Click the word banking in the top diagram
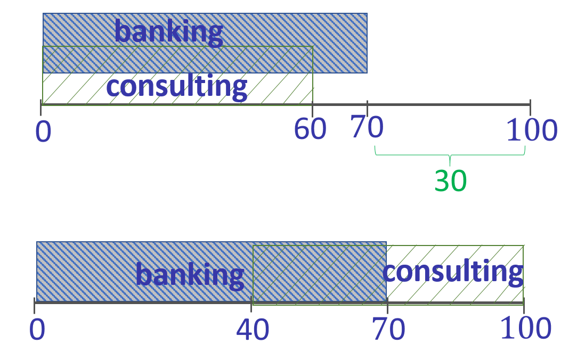168,32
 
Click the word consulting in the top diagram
176,86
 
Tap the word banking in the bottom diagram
189,275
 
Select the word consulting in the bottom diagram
452,272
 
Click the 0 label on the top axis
43,132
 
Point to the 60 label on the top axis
310,129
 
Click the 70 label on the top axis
367,128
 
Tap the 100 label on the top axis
531,130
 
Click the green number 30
451,181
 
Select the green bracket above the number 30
450,154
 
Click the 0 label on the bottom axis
37,330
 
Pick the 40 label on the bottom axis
253,331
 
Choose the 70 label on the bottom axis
388,330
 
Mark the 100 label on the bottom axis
526,329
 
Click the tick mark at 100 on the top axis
530,105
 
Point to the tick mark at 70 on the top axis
367,105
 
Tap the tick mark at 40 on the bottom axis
251,306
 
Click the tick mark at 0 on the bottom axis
35,306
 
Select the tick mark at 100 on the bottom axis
524,306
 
